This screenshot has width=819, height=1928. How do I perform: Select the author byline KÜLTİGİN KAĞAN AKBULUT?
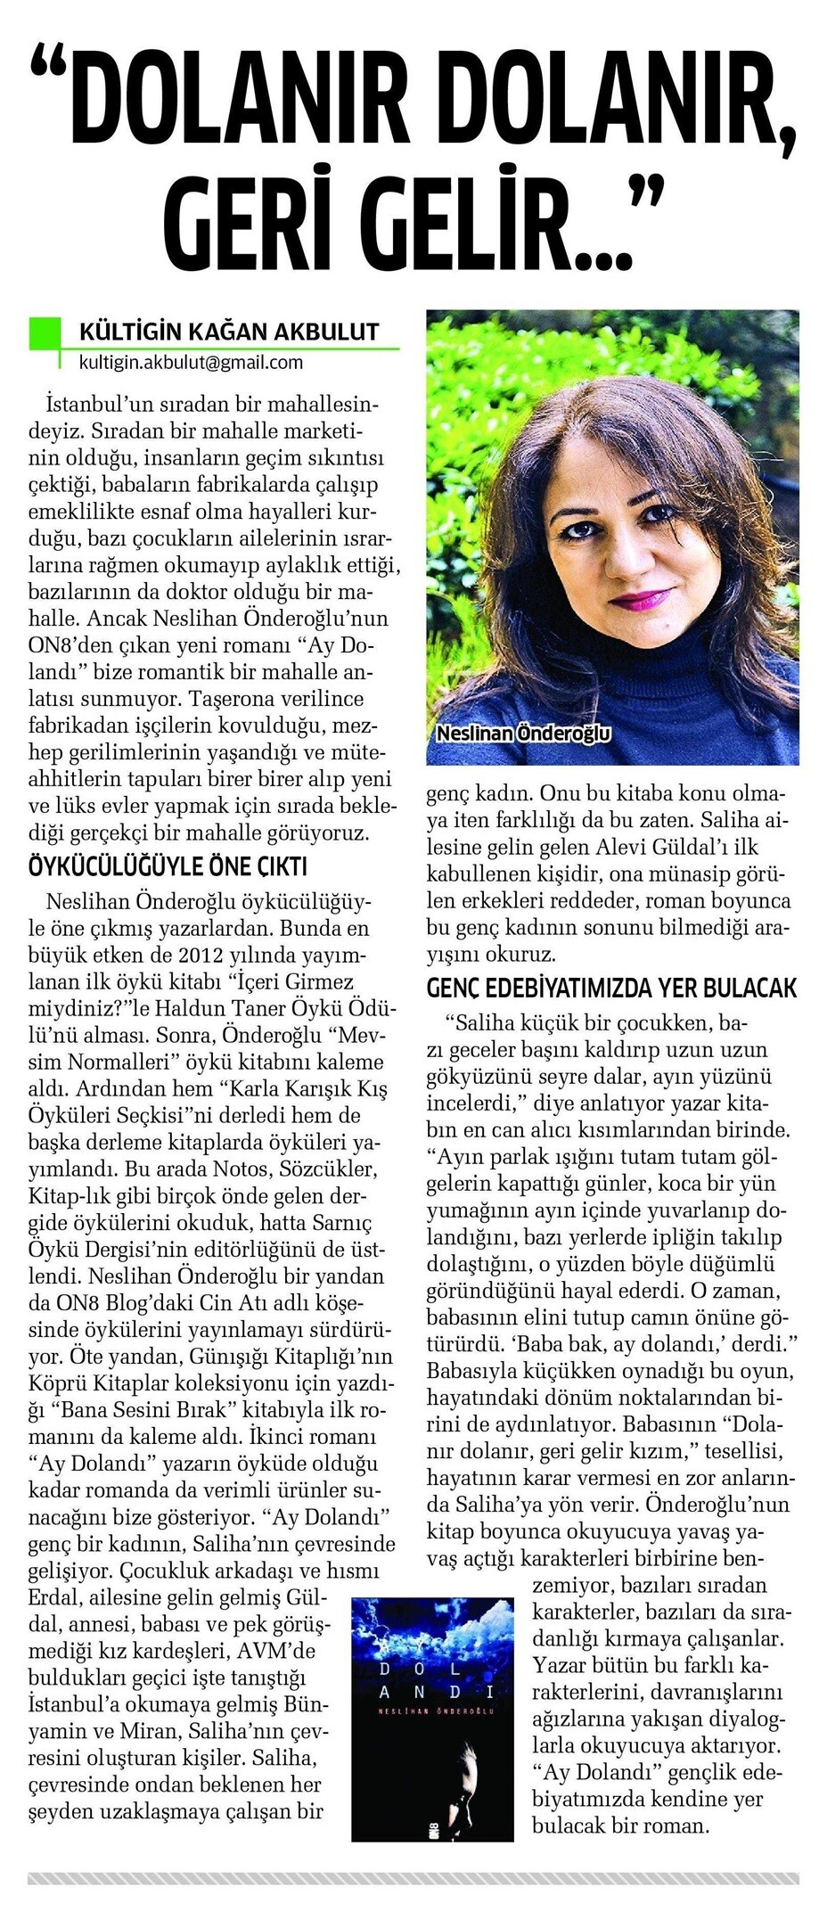pyautogui.click(x=229, y=332)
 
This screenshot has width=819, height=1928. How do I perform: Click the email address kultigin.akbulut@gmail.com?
pyautogui.click(x=191, y=362)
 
